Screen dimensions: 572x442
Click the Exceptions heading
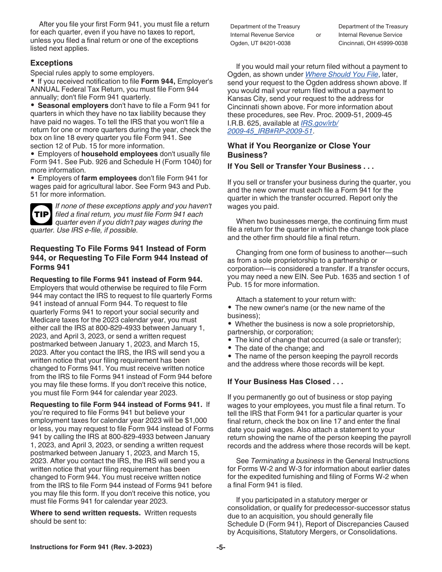52,63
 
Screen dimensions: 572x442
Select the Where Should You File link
342,74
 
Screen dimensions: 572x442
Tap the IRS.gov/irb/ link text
320,123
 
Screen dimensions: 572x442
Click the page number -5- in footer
221,547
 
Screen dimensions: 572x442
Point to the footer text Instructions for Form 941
91,547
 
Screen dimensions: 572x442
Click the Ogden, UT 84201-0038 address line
260,43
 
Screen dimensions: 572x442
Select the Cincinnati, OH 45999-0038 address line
373,43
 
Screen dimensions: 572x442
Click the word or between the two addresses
318,35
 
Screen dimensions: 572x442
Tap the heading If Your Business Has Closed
285,381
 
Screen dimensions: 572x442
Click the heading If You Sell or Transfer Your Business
301,166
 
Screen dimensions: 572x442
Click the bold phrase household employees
119,154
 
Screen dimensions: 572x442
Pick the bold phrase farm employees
109,178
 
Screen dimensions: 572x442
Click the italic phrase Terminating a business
287,461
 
